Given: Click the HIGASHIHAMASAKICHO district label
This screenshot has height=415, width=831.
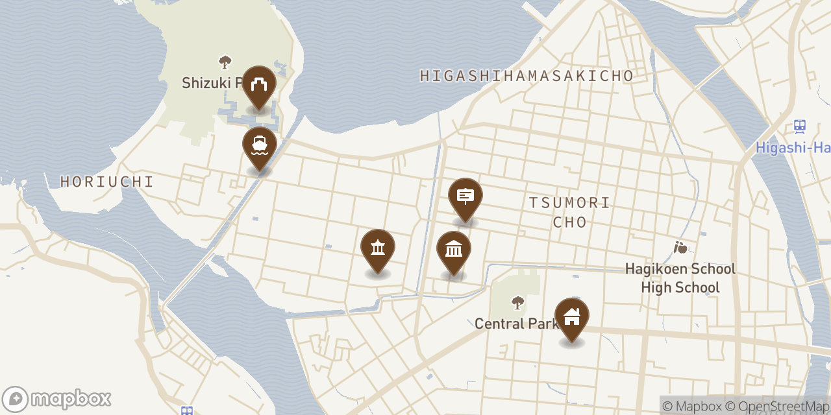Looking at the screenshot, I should pos(527,76).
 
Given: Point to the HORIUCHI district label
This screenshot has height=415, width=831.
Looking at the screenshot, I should pos(107,182).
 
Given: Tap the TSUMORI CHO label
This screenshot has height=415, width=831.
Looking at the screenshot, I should pos(569,212).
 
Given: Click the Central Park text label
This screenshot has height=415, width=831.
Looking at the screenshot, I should pos(516,323).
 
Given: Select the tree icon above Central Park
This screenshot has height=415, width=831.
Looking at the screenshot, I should pos(517,303).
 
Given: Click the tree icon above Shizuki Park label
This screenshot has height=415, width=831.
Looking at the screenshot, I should pos(225,62).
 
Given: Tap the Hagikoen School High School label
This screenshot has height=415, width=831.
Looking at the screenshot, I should pos(680,278).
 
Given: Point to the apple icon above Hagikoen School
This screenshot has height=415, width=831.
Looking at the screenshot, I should pos(680,247).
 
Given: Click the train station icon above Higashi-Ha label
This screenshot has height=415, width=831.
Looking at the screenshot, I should pos(800,126).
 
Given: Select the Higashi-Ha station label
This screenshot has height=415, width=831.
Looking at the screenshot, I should pos(793,148).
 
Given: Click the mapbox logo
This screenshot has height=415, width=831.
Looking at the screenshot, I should pos(56,398).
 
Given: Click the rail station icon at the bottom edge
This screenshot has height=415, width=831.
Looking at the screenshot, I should pos(187,410).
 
